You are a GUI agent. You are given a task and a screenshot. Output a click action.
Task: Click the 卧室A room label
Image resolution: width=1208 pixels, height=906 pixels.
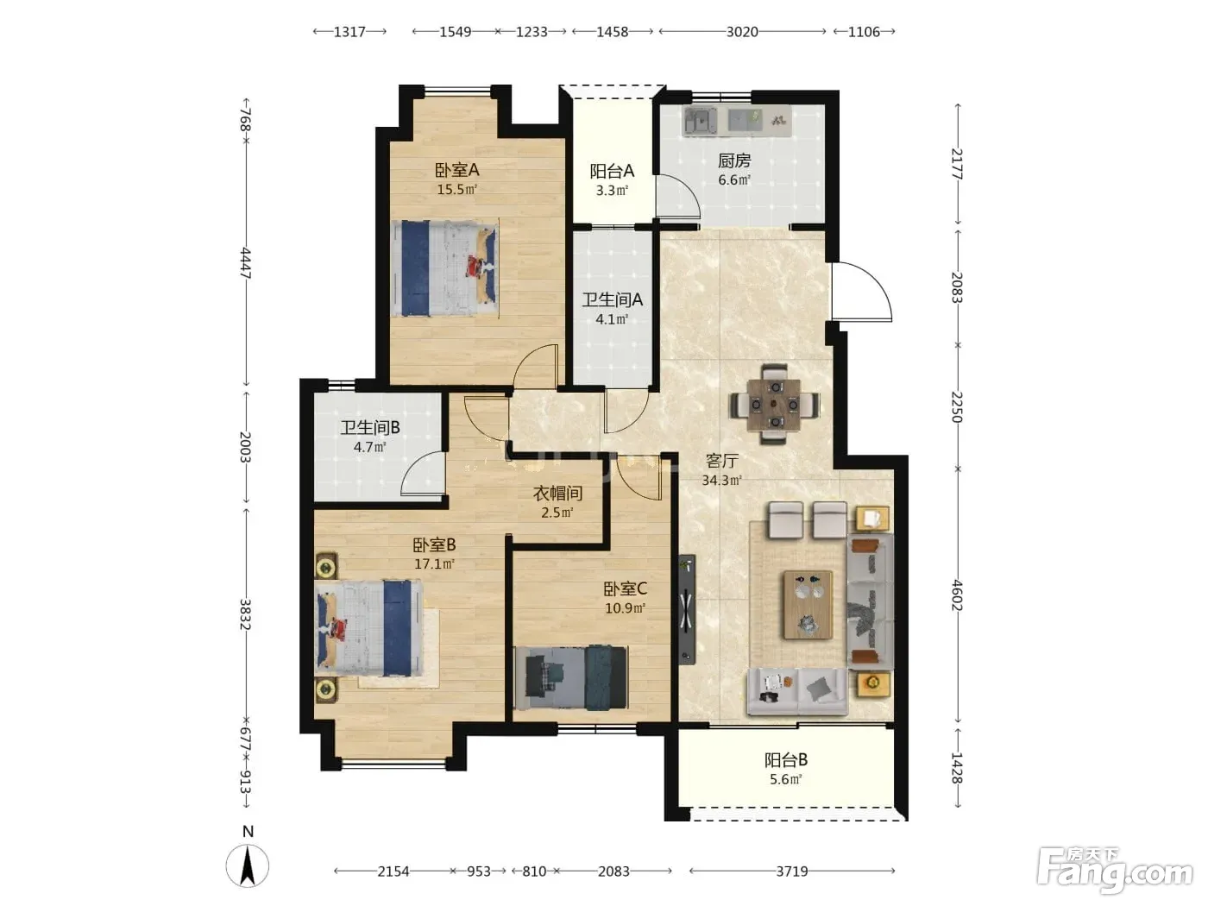pos(456,170)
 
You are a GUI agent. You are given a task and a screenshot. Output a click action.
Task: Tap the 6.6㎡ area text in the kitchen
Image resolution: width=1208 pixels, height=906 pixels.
pos(734,179)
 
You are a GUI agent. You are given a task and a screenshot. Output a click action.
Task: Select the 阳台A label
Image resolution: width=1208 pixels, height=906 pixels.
pos(612,172)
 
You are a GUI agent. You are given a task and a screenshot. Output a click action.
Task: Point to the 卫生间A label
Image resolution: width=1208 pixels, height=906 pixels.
pos(613,299)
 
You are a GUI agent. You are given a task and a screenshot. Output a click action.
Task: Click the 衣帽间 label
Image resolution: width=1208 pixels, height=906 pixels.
pos(557,494)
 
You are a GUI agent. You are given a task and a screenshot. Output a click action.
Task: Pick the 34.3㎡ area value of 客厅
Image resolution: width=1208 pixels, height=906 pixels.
pos(721,481)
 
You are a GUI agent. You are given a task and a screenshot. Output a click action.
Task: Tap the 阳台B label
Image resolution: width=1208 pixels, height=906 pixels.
pos(786,760)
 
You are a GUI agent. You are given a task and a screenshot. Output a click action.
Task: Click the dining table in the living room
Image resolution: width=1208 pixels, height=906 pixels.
pos(774,405)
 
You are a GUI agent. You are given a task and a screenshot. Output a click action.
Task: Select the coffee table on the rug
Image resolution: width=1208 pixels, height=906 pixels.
pos(808,605)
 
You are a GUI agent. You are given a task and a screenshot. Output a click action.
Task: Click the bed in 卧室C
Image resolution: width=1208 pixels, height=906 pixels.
pos(570,677)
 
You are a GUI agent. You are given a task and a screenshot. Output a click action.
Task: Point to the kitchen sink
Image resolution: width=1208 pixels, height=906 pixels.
pos(700,122)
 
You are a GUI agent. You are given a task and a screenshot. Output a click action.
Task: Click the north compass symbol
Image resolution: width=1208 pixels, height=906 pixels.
pos(248,865)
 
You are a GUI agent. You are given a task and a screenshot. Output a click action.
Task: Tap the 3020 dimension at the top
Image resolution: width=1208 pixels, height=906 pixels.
pos(742,32)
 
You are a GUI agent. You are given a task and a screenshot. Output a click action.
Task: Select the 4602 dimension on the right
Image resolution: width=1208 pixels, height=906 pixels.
pos(958,595)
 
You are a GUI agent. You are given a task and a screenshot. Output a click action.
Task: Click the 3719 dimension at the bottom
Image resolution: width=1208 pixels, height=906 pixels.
pos(792,871)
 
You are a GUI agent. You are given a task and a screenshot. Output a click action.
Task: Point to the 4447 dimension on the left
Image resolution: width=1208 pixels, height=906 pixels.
pos(245,263)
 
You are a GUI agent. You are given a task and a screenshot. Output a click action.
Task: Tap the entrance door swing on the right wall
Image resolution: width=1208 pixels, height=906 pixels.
pos(861,292)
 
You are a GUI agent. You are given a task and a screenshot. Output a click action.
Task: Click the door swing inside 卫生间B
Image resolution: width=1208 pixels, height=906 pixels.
pos(422,474)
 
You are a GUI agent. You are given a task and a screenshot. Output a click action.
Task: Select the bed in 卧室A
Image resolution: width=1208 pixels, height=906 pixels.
pos(444,267)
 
